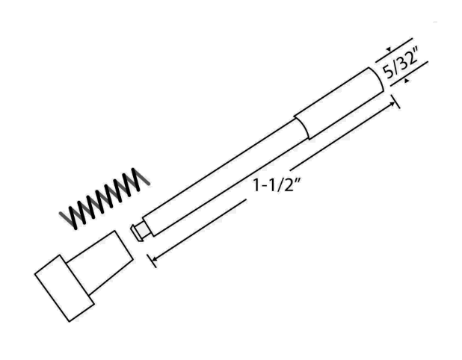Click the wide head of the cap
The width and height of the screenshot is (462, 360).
64,288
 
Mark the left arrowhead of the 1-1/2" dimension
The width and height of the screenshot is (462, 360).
153,258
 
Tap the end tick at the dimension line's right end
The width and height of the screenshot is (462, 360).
397,102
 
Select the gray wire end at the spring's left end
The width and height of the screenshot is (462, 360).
65,218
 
